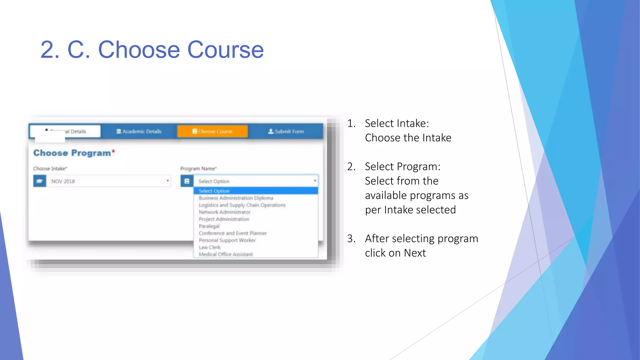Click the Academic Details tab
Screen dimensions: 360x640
pyautogui.click(x=139, y=132)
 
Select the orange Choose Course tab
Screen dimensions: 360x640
pyautogui.click(x=212, y=132)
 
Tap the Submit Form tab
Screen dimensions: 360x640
pyautogui.click(x=286, y=132)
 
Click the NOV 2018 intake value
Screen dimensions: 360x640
pyautogui.click(x=63, y=181)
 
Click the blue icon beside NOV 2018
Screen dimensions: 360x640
pyautogui.click(x=40, y=181)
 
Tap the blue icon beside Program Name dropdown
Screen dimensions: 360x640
pyautogui.click(x=187, y=181)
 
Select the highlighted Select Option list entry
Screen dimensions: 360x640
pyautogui.click(x=214, y=191)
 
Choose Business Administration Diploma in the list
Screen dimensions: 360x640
pyautogui.click(x=236, y=198)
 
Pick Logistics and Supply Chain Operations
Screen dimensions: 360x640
pyautogui.click(x=242, y=205)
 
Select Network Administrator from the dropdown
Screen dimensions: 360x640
pyautogui.click(x=225, y=212)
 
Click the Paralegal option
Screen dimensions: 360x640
pyautogui.click(x=209, y=226)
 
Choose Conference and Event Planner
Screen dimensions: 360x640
pyautogui.click(x=233, y=233)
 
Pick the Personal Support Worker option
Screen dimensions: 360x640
pyautogui.click(x=227, y=240)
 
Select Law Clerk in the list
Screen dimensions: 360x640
pyautogui.click(x=210, y=247)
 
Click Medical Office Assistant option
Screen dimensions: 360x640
pyautogui.click(x=226, y=254)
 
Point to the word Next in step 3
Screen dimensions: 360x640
pyautogui.click(x=415, y=253)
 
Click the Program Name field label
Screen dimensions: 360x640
pyautogui.click(x=198, y=169)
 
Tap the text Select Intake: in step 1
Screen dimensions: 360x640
pyautogui.click(x=397, y=123)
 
